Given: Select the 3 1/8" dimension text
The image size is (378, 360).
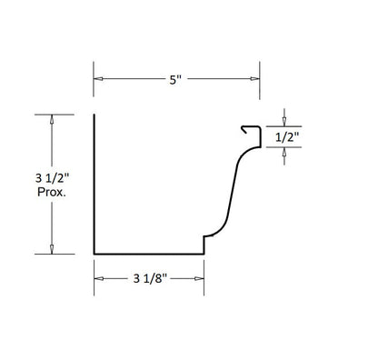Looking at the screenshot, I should click(148, 278).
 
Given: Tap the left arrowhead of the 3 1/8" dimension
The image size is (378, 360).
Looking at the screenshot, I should click(97, 278).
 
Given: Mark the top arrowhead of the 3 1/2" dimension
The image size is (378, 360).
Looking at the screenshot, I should click(52, 118).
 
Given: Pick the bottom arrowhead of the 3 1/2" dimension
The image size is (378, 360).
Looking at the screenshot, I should click(52, 249).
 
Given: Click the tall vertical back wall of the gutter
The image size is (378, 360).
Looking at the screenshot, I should click(94, 182).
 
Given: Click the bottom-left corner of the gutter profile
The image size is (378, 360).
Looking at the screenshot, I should click(94, 254).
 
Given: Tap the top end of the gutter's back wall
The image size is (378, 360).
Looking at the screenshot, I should click(94, 115).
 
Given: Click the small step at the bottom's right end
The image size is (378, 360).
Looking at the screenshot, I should click(204, 245).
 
